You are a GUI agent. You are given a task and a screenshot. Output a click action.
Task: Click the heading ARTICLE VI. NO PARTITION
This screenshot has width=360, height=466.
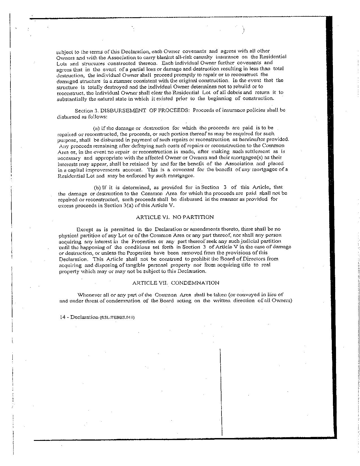[x=175, y=217]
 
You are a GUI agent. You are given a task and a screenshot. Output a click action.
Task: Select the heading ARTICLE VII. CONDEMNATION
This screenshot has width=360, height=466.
[x=175, y=283]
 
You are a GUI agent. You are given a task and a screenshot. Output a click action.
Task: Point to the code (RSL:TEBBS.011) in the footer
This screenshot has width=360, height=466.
[x=117, y=317]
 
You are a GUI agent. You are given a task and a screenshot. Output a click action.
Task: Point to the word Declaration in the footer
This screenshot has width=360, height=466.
[x=84, y=317]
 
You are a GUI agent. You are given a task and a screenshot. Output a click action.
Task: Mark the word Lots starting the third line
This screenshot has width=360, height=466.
[x=62, y=63]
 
